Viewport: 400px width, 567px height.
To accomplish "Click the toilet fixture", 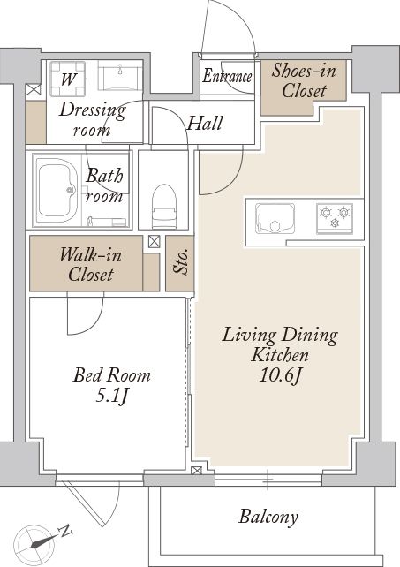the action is tap(164, 207).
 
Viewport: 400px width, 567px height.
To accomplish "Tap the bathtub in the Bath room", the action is tap(57, 192).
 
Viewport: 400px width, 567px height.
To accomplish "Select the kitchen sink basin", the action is tap(275, 218).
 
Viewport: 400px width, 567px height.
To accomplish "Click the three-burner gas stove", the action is tap(335, 218).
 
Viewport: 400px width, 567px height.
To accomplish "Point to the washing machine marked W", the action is tap(68, 79).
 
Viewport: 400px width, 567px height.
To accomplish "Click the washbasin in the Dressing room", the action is tap(120, 78).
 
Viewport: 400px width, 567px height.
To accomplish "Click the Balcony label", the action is tap(268, 517).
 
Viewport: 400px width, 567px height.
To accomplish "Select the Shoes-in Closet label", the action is tap(304, 80).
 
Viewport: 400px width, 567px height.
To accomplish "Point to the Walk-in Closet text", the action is tap(90, 265).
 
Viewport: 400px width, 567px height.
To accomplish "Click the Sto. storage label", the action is tap(180, 261).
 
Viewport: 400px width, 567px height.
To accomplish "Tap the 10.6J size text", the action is tap(280, 376).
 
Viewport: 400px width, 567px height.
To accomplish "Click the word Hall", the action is tap(204, 123).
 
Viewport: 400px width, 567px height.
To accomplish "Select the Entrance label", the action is tap(227, 76).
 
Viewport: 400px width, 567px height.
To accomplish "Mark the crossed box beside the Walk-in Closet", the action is tap(154, 242).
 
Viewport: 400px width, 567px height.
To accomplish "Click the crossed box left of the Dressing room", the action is tap(34, 90).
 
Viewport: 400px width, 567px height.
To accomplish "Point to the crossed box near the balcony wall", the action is tap(197, 471).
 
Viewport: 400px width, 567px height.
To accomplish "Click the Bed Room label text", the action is tap(112, 375).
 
